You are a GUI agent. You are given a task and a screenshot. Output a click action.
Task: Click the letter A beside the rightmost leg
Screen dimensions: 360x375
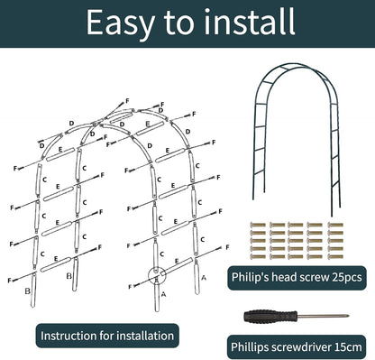click(203, 279)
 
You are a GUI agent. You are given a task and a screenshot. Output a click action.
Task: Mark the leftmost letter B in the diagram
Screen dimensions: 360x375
click(30, 290)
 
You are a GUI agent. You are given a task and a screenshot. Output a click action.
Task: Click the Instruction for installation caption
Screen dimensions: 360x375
click(106, 335)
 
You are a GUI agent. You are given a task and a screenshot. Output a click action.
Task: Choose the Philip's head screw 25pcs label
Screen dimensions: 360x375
click(294, 279)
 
